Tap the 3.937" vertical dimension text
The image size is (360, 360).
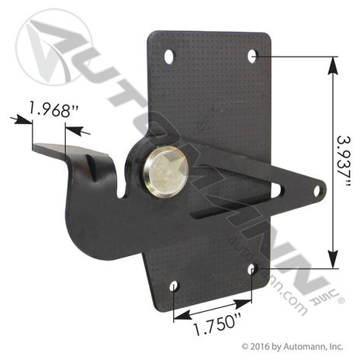click(344, 163)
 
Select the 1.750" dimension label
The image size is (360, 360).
click(218, 325)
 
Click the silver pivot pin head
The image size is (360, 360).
click(166, 174)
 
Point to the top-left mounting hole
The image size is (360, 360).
click(169, 57)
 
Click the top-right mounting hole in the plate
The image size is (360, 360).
click(252, 56)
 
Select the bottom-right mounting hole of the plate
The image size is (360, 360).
click(253, 269)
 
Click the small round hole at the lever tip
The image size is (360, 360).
click(317, 191)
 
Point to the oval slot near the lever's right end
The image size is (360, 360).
click(277, 191)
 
